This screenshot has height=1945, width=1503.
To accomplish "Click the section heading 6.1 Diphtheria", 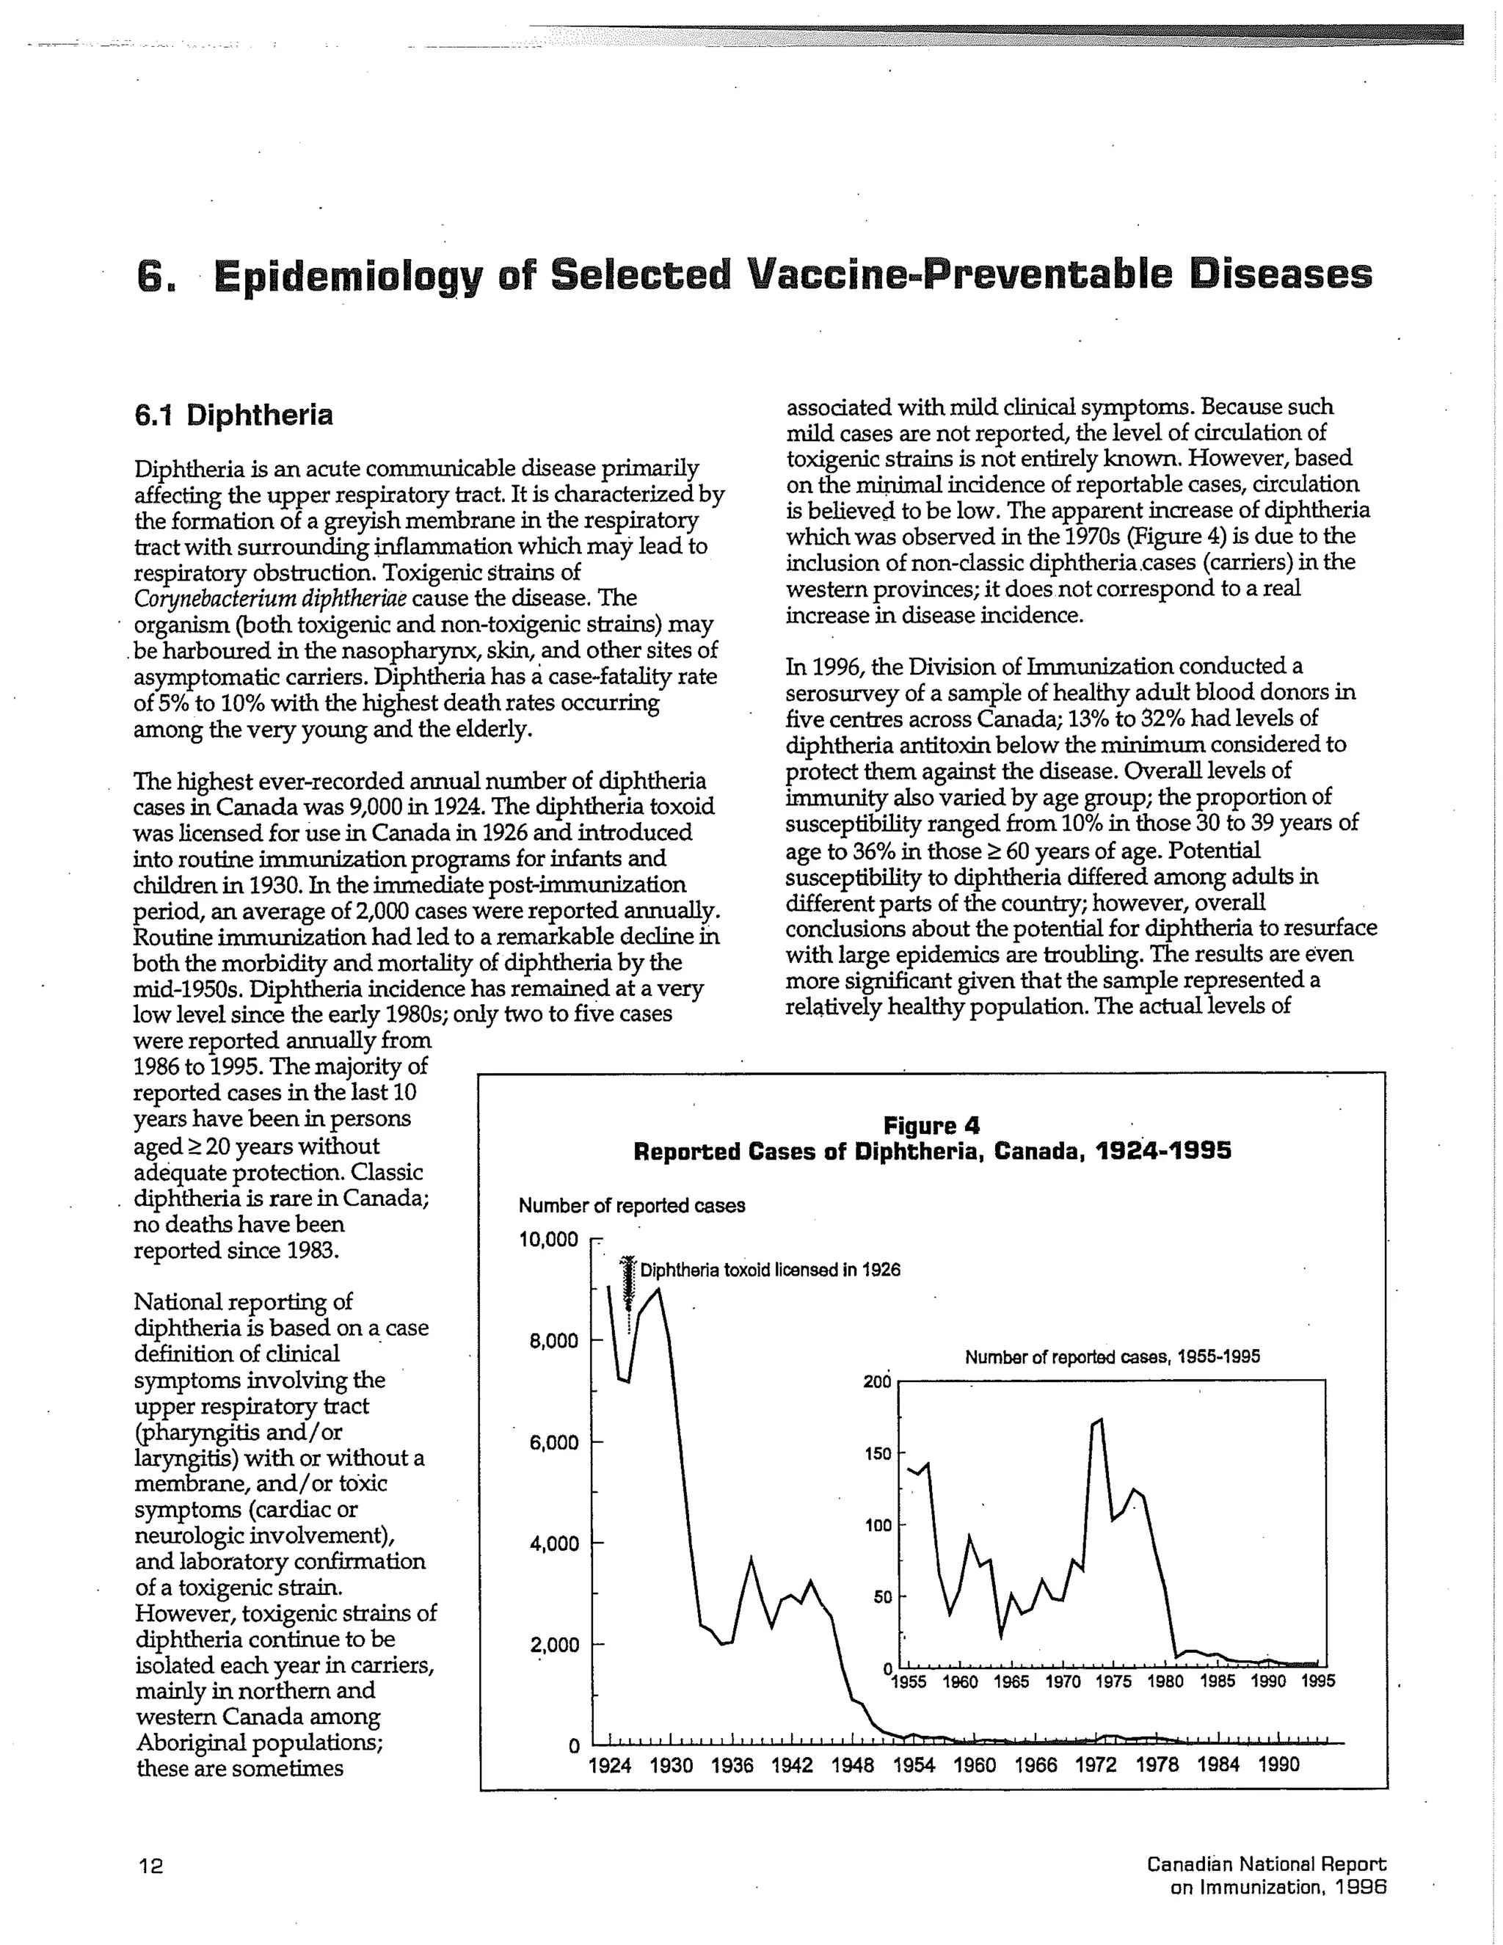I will [233, 415].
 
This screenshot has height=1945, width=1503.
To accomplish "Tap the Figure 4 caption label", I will [931, 1126].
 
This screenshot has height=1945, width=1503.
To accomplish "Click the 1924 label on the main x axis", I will [610, 1764].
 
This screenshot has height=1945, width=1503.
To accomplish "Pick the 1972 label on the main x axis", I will [1096, 1764].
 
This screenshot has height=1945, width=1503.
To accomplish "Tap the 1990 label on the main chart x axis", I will [1278, 1764].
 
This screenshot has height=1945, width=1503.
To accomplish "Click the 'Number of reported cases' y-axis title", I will [631, 1206].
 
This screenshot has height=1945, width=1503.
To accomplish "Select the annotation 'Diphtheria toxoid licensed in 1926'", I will [770, 1270].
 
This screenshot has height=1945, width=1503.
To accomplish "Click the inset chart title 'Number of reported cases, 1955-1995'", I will [1112, 1357].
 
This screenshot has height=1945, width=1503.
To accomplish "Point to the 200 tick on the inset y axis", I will [877, 1382].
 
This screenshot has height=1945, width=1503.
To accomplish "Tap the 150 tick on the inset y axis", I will [877, 1454].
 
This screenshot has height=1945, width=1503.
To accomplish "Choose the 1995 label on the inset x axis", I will [1318, 1682].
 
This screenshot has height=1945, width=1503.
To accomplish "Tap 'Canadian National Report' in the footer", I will [1266, 1863].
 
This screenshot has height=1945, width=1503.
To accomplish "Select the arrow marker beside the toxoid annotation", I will [627, 1282].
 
